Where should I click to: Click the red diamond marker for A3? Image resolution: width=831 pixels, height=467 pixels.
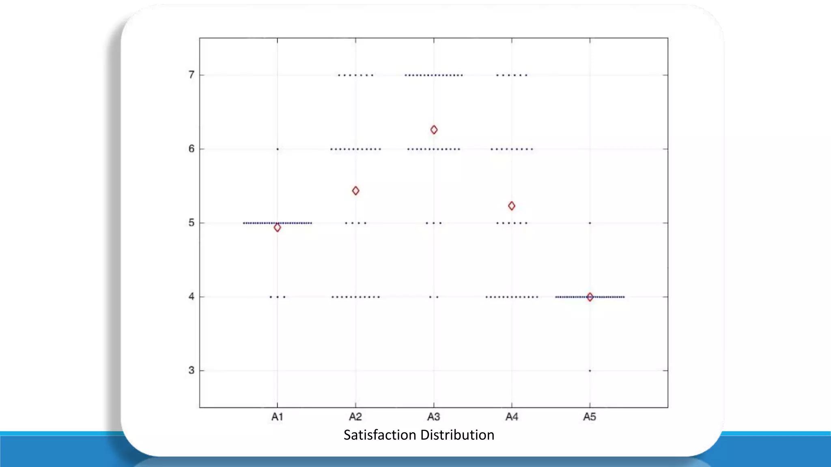(x=434, y=130)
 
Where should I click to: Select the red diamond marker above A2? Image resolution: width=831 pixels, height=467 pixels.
(x=355, y=191)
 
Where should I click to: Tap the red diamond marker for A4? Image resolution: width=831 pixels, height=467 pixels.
(x=512, y=206)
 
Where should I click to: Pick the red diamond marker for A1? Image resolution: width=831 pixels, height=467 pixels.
(x=277, y=228)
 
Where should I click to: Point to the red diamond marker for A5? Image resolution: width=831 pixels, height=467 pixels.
(x=590, y=297)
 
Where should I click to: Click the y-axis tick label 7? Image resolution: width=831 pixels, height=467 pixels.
(x=192, y=75)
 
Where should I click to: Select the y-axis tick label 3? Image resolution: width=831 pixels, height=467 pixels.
(x=192, y=371)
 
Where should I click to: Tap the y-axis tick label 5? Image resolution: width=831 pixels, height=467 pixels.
(x=192, y=223)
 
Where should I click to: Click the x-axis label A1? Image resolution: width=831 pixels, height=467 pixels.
(x=277, y=417)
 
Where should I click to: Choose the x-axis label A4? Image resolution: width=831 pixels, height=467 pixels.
(x=512, y=417)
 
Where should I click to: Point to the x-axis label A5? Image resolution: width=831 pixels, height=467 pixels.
(x=590, y=417)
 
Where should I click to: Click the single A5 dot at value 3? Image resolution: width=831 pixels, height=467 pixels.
(x=590, y=371)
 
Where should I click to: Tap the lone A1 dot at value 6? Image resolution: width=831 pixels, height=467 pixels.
(x=278, y=149)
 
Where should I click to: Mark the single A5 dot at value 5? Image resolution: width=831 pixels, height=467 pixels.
(x=590, y=223)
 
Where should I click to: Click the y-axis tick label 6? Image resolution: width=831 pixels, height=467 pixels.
(x=192, y=149)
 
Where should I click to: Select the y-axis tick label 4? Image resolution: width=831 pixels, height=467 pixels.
(x=192, y=297)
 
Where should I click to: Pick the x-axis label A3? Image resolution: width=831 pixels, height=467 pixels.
(x=434, y=417)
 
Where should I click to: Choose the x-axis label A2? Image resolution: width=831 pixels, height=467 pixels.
(x=355, y=417)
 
